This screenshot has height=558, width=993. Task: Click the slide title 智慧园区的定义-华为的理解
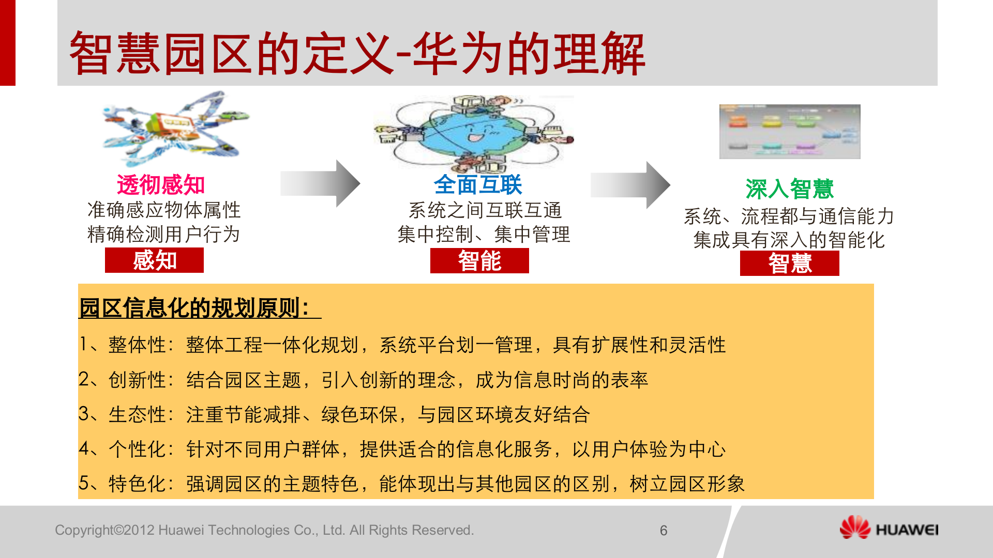(357, 53)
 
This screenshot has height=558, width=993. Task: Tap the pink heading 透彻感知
(161, 184)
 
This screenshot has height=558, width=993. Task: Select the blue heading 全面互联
(478, 184)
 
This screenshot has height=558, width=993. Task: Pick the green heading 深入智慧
(789, 189)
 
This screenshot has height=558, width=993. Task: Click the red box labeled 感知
(154, 260)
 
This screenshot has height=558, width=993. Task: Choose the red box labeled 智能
(479, 260)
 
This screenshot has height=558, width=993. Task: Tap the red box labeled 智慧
(789, 263)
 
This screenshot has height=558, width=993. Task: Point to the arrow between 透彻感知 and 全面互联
(321, 183)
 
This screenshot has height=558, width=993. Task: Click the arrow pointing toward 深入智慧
(631, 184)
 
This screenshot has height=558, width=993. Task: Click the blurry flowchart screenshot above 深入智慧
(790, 132)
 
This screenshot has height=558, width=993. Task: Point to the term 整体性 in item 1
(137, 345)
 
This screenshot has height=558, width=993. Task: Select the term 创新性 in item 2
(137, 380)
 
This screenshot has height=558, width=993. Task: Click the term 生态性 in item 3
(137, 414)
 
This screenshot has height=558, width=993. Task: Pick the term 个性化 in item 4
(137, 449)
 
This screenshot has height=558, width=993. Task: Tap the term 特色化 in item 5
(137, 484)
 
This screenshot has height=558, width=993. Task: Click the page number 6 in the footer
(664, 531)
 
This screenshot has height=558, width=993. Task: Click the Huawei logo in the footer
(889, 529)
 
